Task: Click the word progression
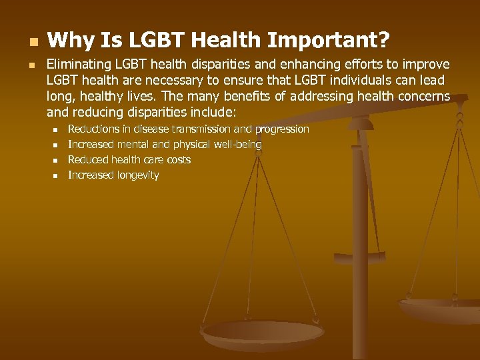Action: coord(282,129)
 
